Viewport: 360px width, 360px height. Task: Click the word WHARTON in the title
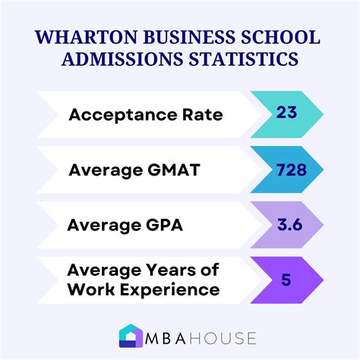point(81,38)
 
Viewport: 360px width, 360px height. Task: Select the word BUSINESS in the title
point(172,38)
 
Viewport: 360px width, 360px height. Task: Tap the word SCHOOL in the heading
point(269,38)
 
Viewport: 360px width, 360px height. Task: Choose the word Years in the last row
point(151,270)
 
